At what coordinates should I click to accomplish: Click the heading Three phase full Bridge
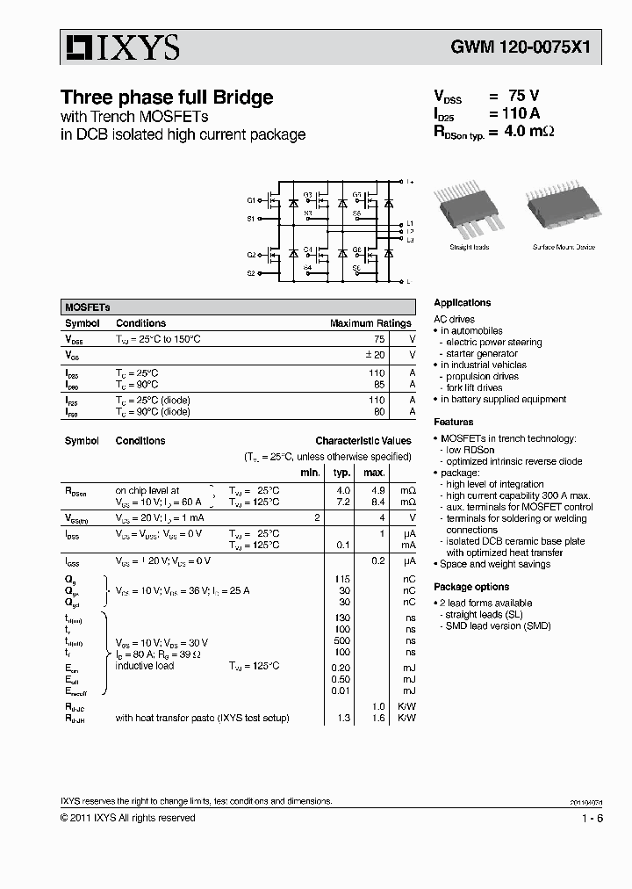pos(166,98)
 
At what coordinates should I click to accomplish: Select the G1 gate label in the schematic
pos(251,201)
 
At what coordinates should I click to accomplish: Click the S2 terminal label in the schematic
pos(251,273)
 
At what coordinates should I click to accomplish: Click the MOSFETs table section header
pos(88,307)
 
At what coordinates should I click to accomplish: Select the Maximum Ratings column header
pos(370,323)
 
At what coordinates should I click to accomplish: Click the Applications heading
pos(462,302)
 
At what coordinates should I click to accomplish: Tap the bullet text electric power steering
pos(493,342)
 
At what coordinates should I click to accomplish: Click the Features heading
pos(453,422)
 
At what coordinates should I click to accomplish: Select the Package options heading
pos(470,587)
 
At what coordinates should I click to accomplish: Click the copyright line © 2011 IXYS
pos(127,818)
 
